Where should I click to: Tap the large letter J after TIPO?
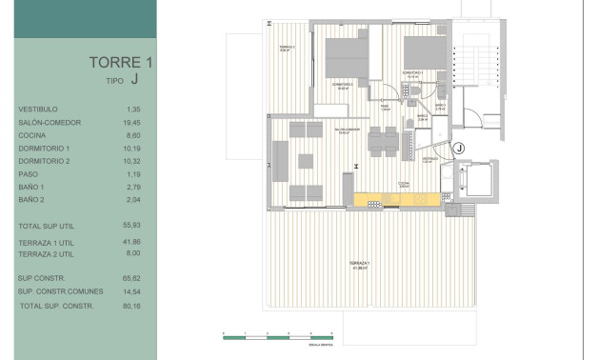click(135, 82)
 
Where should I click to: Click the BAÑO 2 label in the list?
click(31, 201)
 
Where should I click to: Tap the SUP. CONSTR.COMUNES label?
click(56, 291)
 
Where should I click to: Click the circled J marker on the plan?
click(458, 148)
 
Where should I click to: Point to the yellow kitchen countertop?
click(395, 200)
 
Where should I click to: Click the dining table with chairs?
click(381, 144)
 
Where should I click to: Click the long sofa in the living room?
click(283, 159)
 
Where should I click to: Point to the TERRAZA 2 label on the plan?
click(287, 49)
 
